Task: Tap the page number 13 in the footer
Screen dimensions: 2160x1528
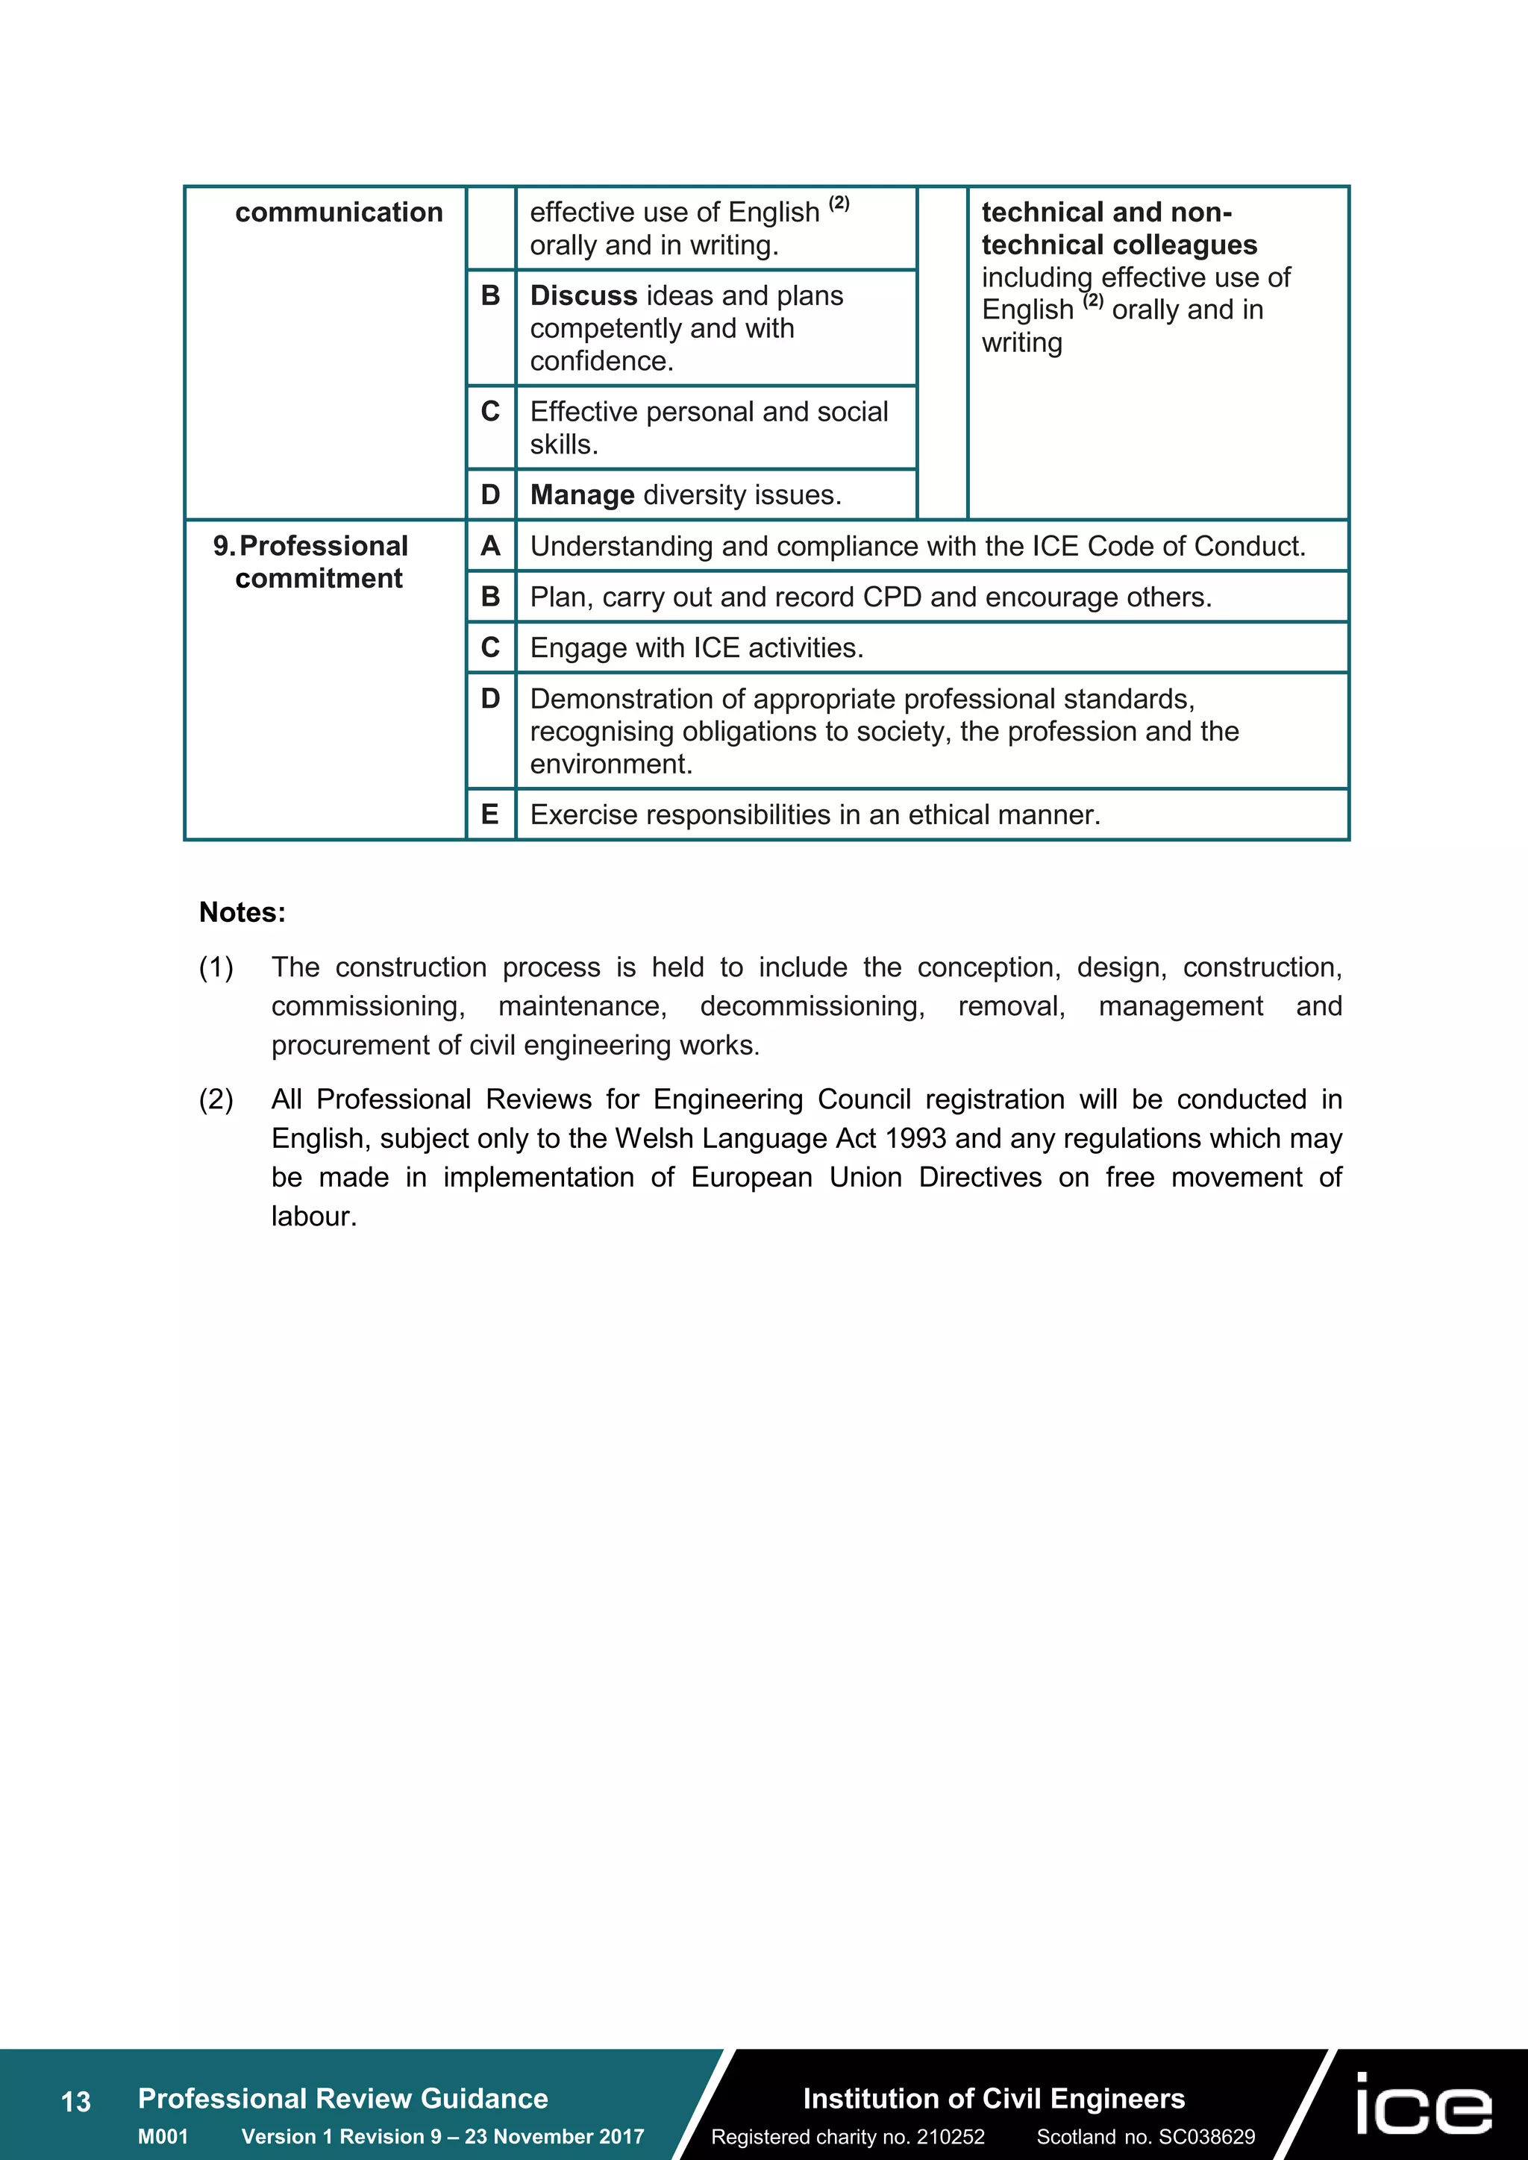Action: tap(75, 2102)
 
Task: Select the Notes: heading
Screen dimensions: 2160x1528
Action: tap(242, 912)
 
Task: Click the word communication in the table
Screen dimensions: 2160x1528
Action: tap(339, 213)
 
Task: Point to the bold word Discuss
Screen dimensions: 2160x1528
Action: tap(583, 295)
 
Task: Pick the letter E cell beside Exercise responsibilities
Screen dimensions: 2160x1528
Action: tap(490, 814)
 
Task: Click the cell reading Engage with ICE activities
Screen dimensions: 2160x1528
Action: tap(696, 648)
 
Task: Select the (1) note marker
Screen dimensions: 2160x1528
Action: tap(216, 967)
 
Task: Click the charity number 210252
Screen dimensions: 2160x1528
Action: tap(951, 2136)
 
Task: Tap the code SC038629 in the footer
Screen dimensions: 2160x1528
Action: tap(1206, 2136)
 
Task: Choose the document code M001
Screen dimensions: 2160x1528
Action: tap(163, 2136)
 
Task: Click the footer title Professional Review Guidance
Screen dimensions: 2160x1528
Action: tap(342, 2099)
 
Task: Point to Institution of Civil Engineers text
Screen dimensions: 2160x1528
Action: tap(994, 2099)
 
